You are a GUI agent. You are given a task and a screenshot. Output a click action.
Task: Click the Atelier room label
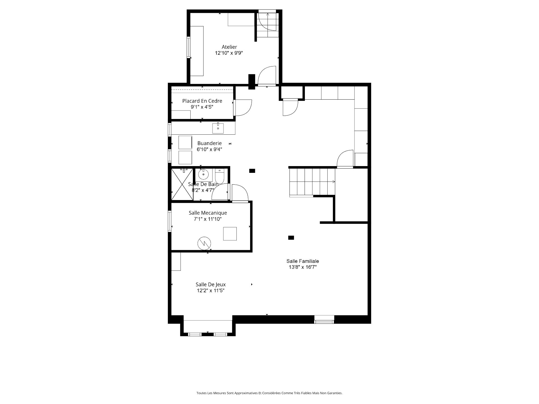229,47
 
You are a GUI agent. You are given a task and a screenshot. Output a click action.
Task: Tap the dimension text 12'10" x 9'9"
229,53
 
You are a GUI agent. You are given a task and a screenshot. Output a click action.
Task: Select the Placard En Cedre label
202,101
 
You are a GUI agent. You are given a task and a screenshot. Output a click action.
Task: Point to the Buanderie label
209,143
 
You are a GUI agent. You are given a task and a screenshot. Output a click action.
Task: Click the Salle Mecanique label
208,213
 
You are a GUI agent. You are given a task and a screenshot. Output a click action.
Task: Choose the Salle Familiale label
303,261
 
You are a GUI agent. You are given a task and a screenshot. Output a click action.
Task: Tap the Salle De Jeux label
211,284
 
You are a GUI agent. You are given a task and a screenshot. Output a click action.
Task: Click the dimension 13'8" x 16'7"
303,267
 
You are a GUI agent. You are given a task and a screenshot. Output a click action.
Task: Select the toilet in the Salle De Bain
220,175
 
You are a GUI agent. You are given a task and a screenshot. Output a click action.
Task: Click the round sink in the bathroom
203,175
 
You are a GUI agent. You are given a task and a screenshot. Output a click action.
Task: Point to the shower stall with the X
182,184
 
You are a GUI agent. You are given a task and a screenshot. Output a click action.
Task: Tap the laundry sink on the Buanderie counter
218,128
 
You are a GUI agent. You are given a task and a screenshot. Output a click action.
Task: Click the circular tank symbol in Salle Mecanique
204,243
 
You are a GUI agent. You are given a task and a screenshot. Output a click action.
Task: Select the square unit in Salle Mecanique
230,234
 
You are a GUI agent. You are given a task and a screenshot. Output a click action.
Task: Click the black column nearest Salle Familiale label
291,238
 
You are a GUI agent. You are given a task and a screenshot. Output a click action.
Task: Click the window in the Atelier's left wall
189,47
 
